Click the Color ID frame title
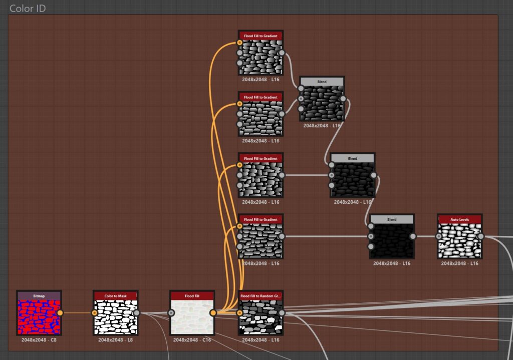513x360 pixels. point(28,9)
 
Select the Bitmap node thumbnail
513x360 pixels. point(39,317)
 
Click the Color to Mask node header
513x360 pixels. point(115,296)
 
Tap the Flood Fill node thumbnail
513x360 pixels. point(192,317)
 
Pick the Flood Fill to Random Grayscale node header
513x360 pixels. point(261,296)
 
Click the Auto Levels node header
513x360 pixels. point(459,219)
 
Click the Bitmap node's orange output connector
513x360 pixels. point(61,313)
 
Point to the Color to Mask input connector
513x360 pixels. point(95,313)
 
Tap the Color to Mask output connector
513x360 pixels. point(137,313)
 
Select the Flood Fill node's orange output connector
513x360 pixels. point(213,313)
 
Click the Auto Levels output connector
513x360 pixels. point(480,236)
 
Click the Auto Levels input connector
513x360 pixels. point(439,236)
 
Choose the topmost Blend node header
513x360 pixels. point(322,82)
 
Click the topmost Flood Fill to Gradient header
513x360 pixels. point(261,36)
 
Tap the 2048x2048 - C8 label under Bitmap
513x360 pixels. point(39,340)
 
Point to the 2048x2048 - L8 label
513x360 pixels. point(115,340)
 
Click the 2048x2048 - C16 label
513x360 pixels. point(192,340)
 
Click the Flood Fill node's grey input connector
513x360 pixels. point(171,313)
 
